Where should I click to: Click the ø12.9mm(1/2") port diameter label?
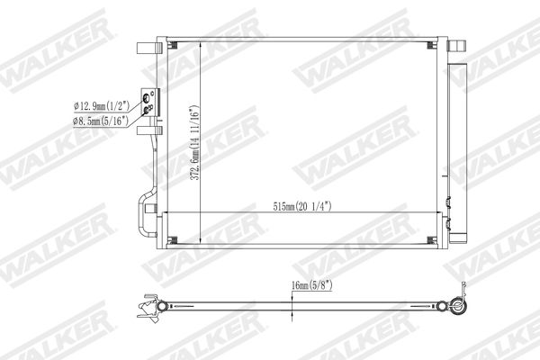tap(102, 105)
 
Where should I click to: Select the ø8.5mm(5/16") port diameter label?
tap(100, 121)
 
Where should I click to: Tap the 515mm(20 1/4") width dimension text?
tap(302, 206)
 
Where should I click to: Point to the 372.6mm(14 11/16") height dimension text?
tap(195, 142)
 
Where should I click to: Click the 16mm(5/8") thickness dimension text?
tap(311, 285)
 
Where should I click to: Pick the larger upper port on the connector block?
tap(146, 97)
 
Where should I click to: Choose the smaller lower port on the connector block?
tap(146, 110)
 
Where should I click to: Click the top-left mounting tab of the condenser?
tap(149, 48)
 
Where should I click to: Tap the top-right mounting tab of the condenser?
tap(456, 46)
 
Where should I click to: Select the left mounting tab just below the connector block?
tap(149, 130)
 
